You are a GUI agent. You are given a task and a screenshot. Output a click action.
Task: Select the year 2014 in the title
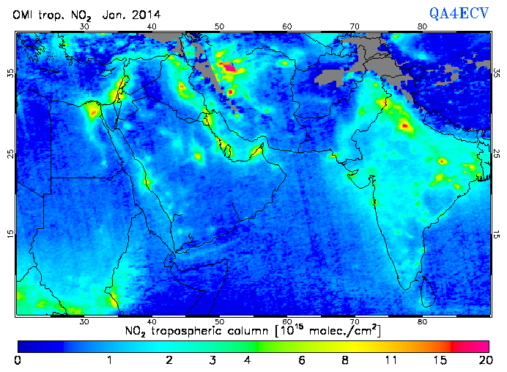point(146,15)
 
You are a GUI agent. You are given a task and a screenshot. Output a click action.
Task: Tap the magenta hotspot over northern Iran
point(230,68)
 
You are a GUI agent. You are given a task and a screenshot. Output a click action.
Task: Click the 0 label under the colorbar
point(18,360)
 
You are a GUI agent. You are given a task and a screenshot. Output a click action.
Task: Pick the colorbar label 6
point(301,360)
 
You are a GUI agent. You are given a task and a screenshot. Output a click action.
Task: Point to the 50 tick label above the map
point(219,26)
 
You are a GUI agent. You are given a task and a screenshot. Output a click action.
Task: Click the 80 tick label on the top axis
point(422,26)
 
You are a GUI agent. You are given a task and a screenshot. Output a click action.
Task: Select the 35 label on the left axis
point(10,73)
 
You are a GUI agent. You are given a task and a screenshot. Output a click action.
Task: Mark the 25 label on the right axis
point(497,153)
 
